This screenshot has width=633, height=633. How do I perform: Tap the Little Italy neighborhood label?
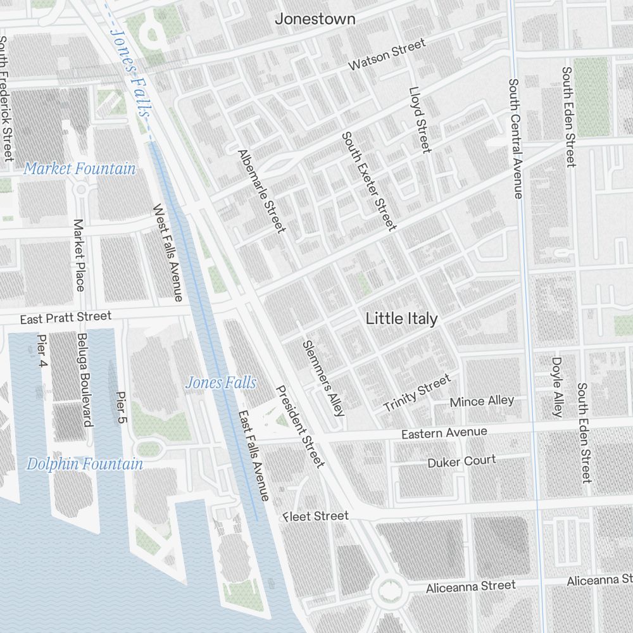pyautogui.click(x=401, y=319)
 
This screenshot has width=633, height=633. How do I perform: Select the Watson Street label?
pyautogui.click(x=387, y=55)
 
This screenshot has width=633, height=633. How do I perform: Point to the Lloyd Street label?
pyautogui.click(x=420, y=120)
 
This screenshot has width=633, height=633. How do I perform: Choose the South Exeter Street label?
pyautogui.click(x=369, y=181)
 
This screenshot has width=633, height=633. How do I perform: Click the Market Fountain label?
pyautogui.click(x=80, y=169)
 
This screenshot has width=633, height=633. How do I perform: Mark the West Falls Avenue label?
pyautogui.click(x=168, y=252)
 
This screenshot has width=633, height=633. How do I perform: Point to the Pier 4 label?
pyautogui.click(x=42, y=353)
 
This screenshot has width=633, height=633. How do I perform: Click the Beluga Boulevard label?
pyautogui.click(x=85, y=379)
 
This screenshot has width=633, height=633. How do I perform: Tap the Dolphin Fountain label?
pyautogui.click(x=84, y=464)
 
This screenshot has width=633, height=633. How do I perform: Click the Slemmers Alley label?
pyautogui.click(x=323, y=378)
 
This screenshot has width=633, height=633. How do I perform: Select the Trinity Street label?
pyautogui.click(x=417, y=392)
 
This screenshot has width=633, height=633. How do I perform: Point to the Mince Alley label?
pyautogui.click(x=482, y=401)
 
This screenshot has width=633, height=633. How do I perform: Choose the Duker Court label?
pyautogui.click(x=461, y=461)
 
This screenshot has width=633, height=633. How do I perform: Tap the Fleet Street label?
pyautogui.click(x=316, y=517)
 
